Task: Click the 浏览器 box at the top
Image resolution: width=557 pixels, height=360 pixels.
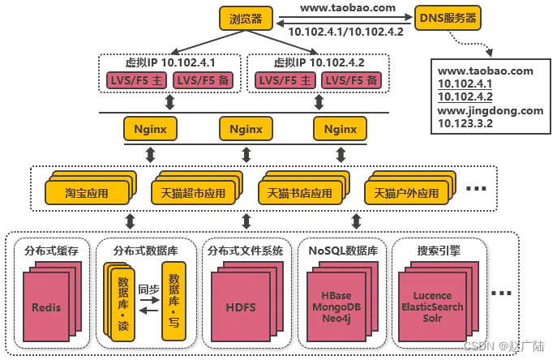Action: [x=246, y=18]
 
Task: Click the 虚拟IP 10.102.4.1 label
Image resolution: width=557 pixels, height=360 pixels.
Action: [x=169, y=61]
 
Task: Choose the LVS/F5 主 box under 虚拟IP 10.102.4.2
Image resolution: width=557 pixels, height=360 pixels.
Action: [x=283, y=80]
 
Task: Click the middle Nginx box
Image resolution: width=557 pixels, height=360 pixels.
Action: [x=245, y=128]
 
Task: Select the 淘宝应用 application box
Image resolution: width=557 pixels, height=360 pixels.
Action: [x=87, y=194]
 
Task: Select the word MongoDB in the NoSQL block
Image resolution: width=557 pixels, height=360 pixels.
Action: [x=336, y=307]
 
